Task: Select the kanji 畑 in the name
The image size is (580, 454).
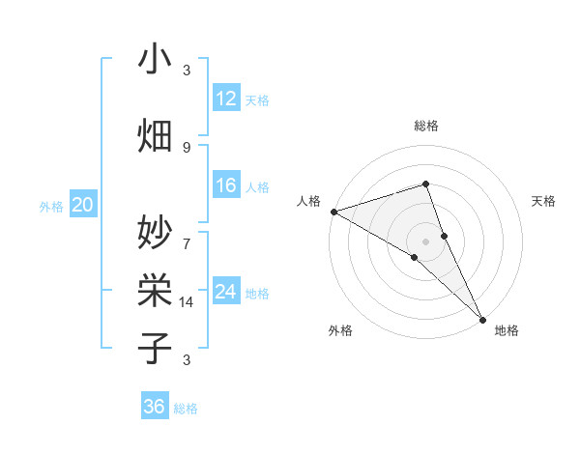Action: [155, 135]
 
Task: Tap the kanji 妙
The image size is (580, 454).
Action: [155, 231]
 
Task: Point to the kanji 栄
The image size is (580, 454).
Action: [155, 289]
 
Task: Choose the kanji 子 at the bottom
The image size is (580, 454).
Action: [155, 347]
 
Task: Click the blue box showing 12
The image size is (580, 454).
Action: [226, 99]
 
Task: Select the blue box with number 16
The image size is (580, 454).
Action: [226, 186]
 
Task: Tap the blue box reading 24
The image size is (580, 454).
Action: [226, 293]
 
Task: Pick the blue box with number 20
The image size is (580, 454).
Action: [83, 206]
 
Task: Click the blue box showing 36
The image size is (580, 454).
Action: [155, 407]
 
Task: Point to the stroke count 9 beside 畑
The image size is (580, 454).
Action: [187, 147]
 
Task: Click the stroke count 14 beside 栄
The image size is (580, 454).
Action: [187, 302]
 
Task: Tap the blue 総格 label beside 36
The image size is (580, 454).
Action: [186, 409]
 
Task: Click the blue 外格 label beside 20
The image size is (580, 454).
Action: [51, 207]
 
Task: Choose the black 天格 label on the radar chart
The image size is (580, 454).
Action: [544, 201]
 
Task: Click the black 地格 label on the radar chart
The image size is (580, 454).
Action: [507, 330]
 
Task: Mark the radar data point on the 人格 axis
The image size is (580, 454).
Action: [333, 211]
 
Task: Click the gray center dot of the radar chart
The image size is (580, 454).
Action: [425, 241]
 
